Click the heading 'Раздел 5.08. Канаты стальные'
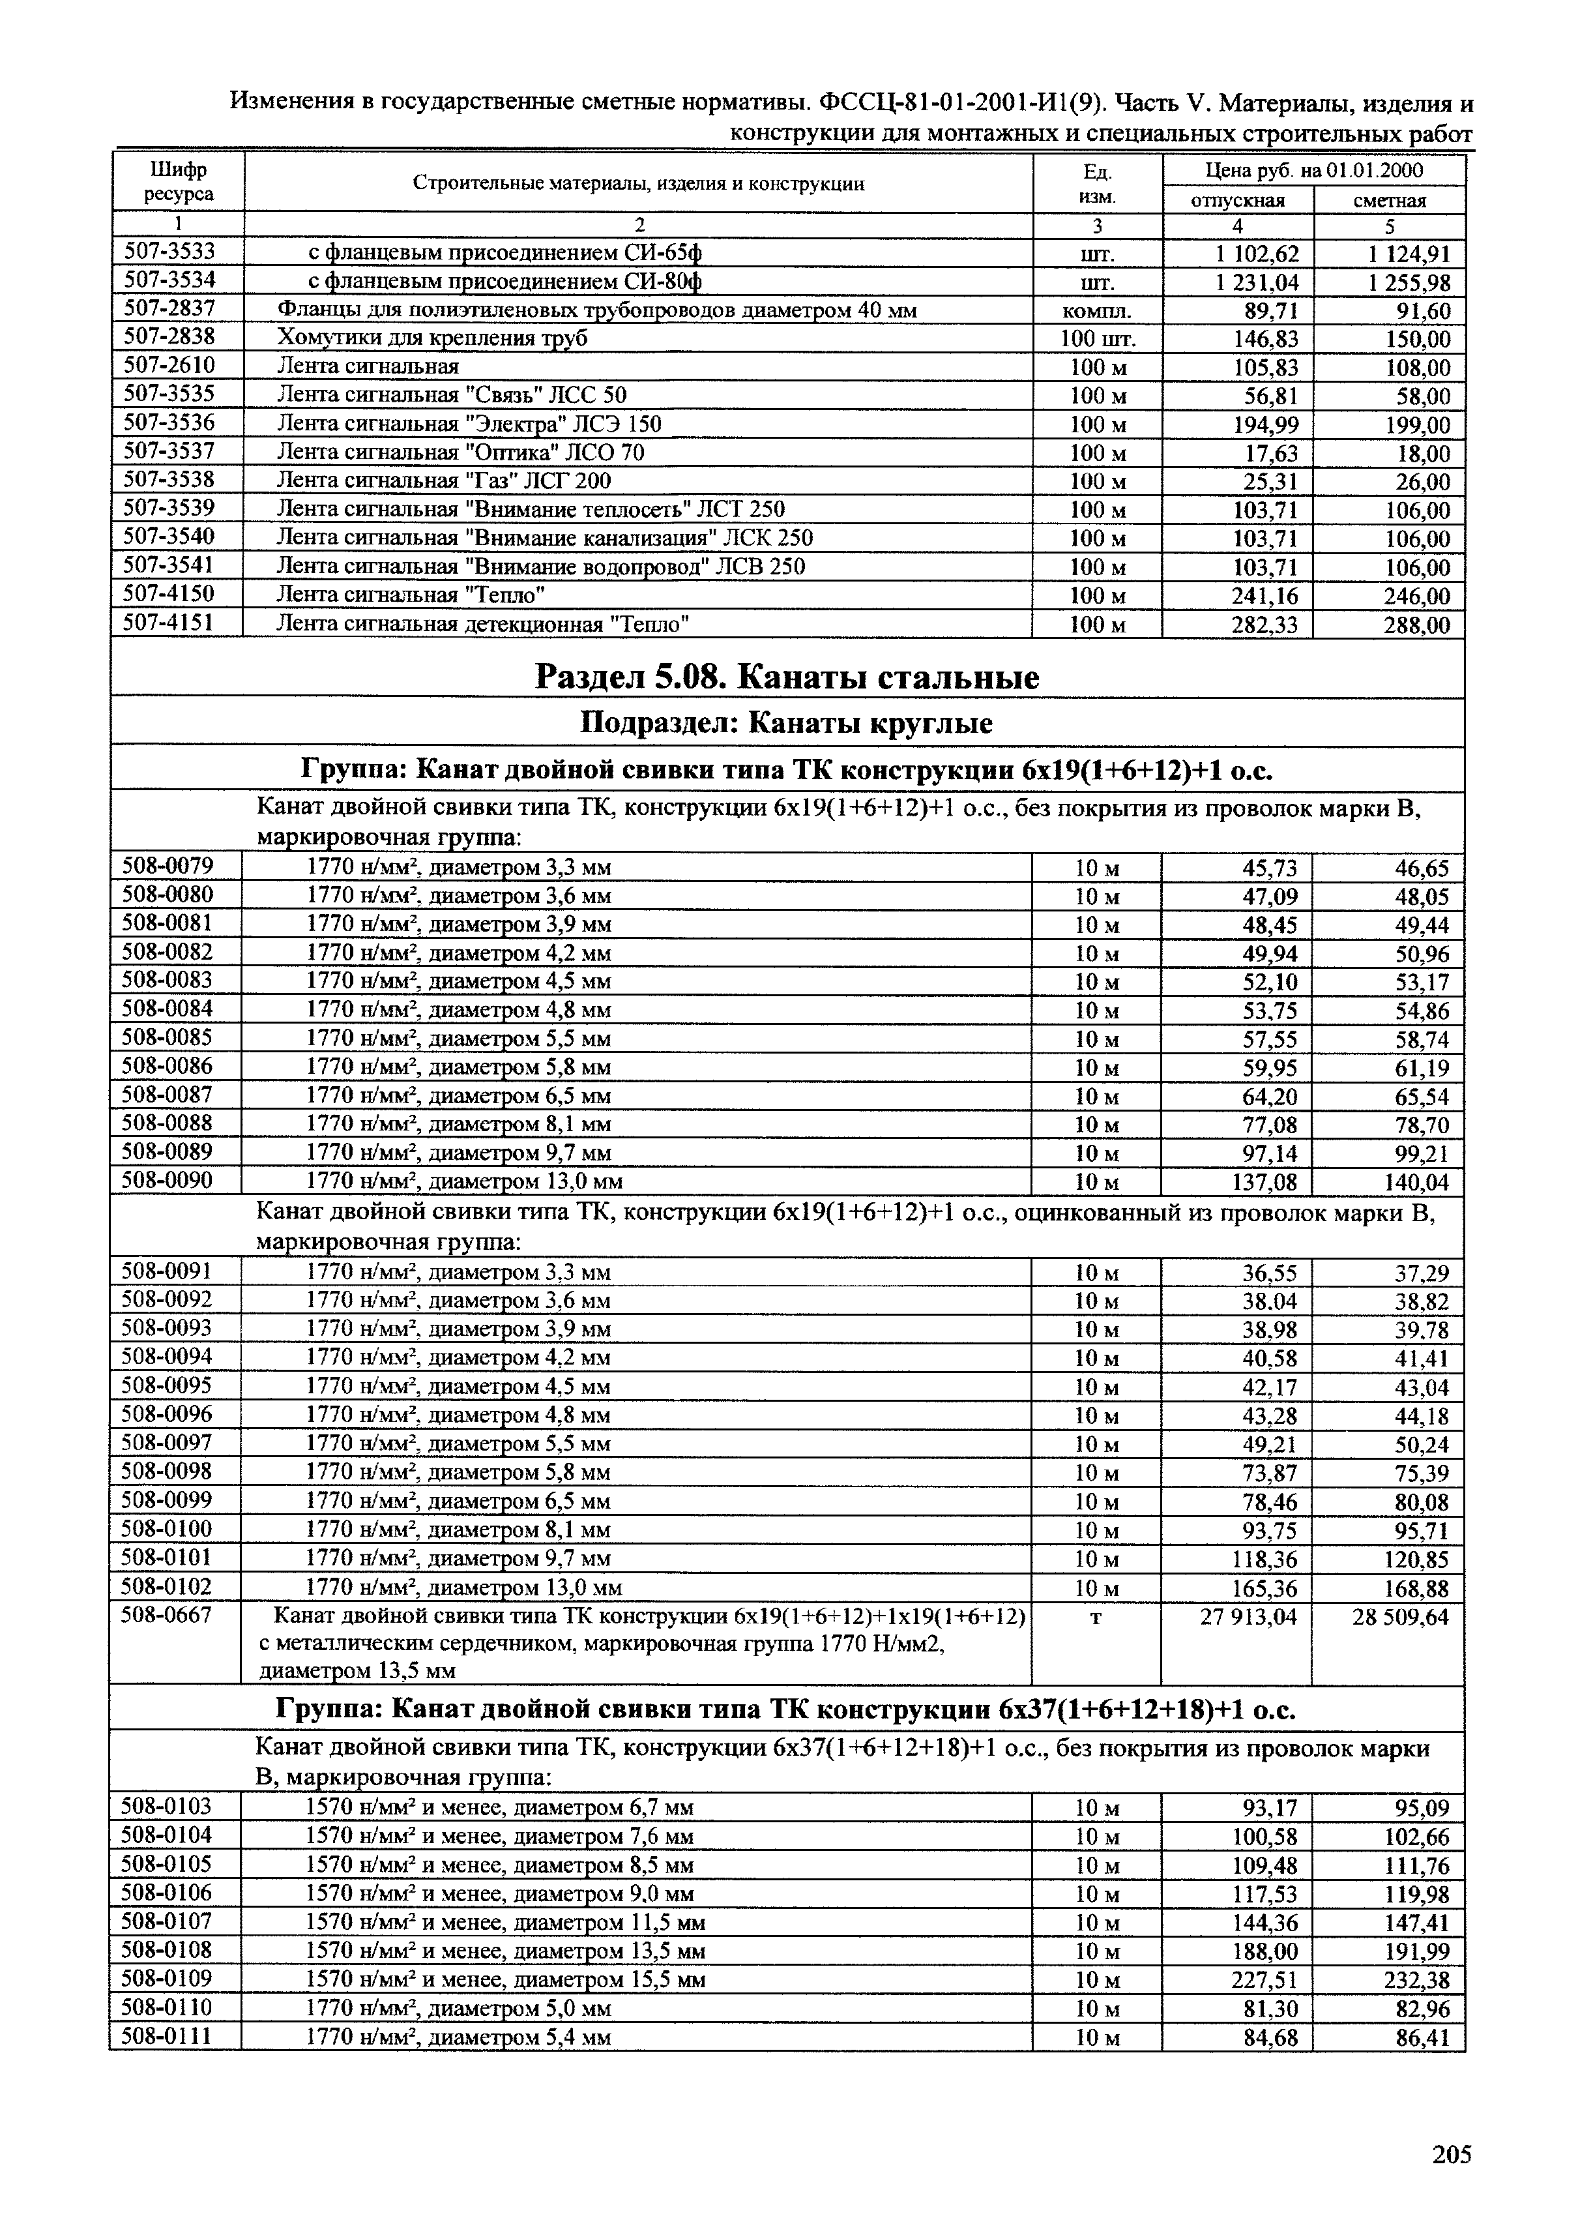787,677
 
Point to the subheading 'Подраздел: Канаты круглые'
787,724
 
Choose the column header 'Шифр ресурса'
179,182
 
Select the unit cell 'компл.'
1097,311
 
